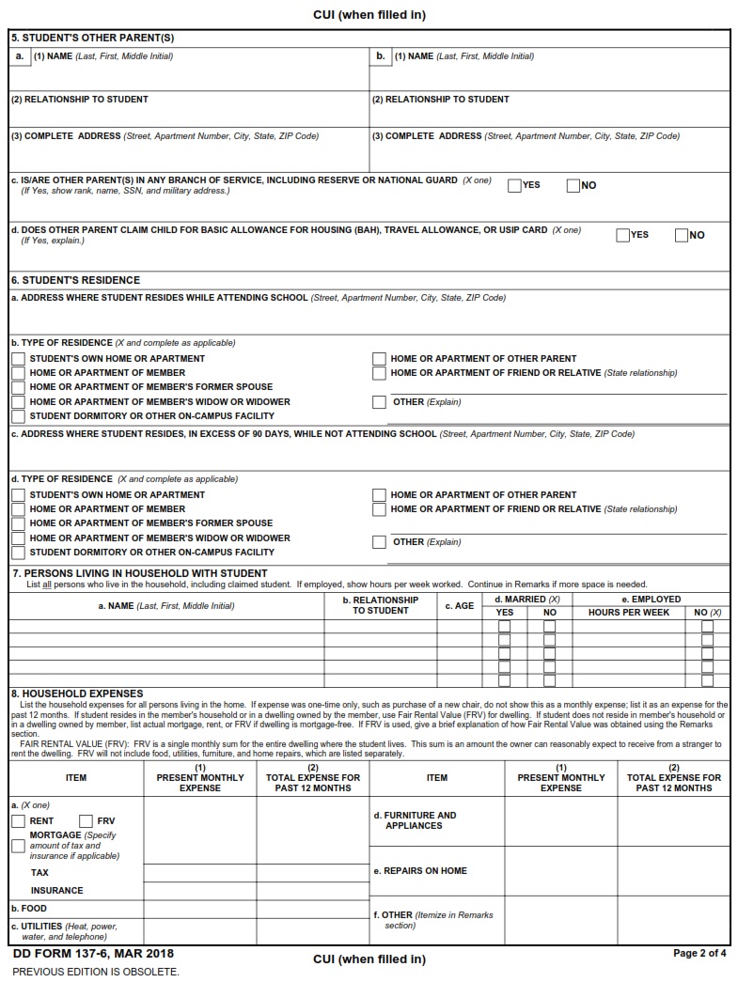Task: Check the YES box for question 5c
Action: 514,185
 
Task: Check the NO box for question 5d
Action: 682,235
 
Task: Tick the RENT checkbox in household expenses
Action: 18,821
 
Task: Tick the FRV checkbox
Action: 86,821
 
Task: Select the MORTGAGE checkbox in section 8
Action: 18,846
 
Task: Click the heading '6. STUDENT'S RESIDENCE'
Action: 75,280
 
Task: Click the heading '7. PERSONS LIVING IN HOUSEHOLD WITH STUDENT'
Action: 139,572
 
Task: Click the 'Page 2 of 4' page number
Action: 699,953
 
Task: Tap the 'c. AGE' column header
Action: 459,606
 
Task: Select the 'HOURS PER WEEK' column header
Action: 628,613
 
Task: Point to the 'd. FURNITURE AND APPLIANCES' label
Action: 416,820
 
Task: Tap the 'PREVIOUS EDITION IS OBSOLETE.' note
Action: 95,971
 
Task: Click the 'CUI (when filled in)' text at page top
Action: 369,15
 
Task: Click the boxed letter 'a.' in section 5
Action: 21,56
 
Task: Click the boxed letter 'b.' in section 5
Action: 381,56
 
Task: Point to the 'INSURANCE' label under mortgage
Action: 56,890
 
